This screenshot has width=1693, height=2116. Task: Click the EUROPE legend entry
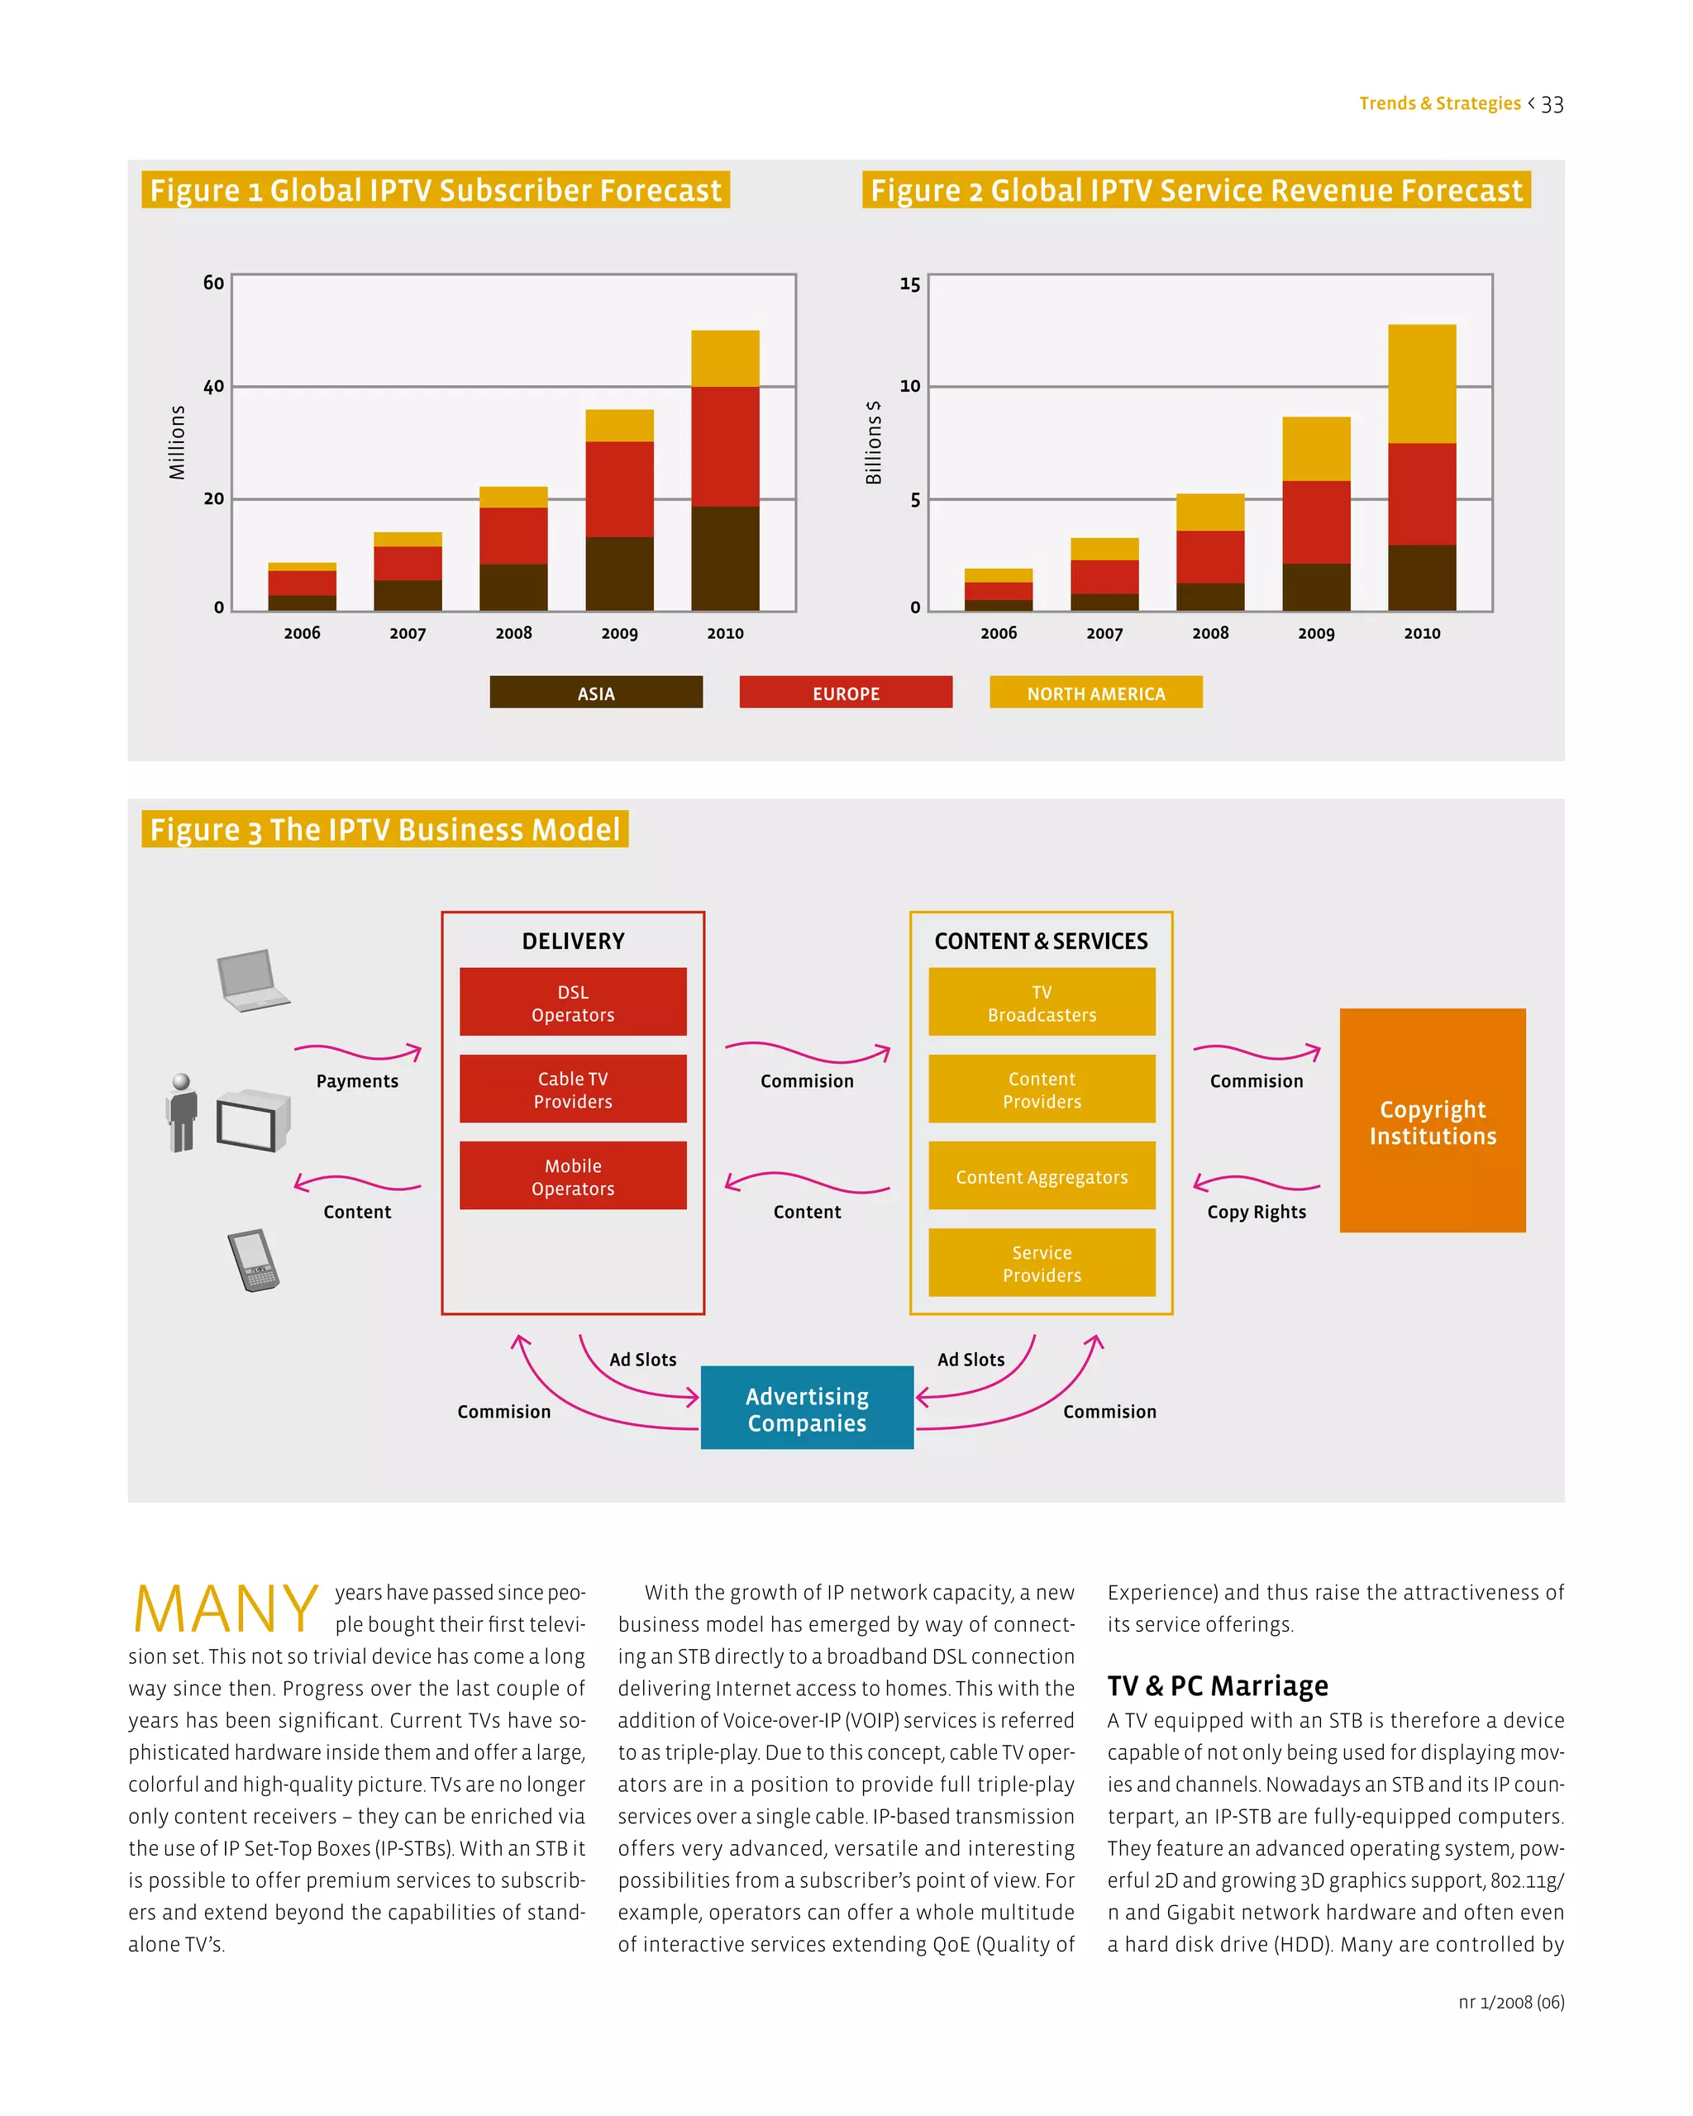[845, 693]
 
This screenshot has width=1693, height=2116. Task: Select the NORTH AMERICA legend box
[1095, 693]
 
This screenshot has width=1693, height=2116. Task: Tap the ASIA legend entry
[596, 693]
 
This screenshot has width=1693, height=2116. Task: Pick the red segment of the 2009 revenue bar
[1315, 522]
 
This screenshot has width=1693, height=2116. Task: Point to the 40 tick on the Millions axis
[213, 387]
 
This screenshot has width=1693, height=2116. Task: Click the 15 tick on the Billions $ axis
[910, 284]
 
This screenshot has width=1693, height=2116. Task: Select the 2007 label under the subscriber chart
[408, 634]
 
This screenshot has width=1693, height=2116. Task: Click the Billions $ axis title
[872, 443]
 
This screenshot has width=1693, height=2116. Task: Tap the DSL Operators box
[572, 1002]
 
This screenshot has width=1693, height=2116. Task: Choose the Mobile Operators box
[572, 1175]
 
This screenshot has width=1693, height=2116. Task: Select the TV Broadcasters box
[1042, 1002]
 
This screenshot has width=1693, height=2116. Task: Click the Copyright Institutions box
[1432, 1121]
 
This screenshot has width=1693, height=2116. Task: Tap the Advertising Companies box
[807, 1408]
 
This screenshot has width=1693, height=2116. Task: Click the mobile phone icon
[253, 1261]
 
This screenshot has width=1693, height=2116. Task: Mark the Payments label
[357, 1080]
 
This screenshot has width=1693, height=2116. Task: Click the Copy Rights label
[1257, 1212]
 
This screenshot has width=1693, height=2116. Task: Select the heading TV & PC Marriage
[1217, 1686]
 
